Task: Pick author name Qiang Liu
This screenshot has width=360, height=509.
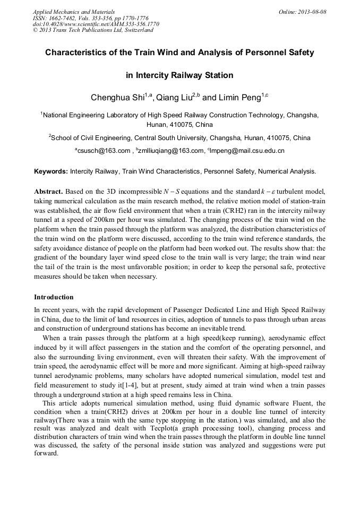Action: (173, 98)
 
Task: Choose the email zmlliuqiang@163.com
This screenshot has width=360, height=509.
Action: (172, 151)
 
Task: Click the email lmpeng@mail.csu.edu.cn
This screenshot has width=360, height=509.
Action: (247, 151)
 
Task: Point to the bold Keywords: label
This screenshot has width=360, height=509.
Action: (51, 171)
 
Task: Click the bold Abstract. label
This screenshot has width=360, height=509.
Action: (49, 191)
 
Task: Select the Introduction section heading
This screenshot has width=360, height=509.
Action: (54, 297)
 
